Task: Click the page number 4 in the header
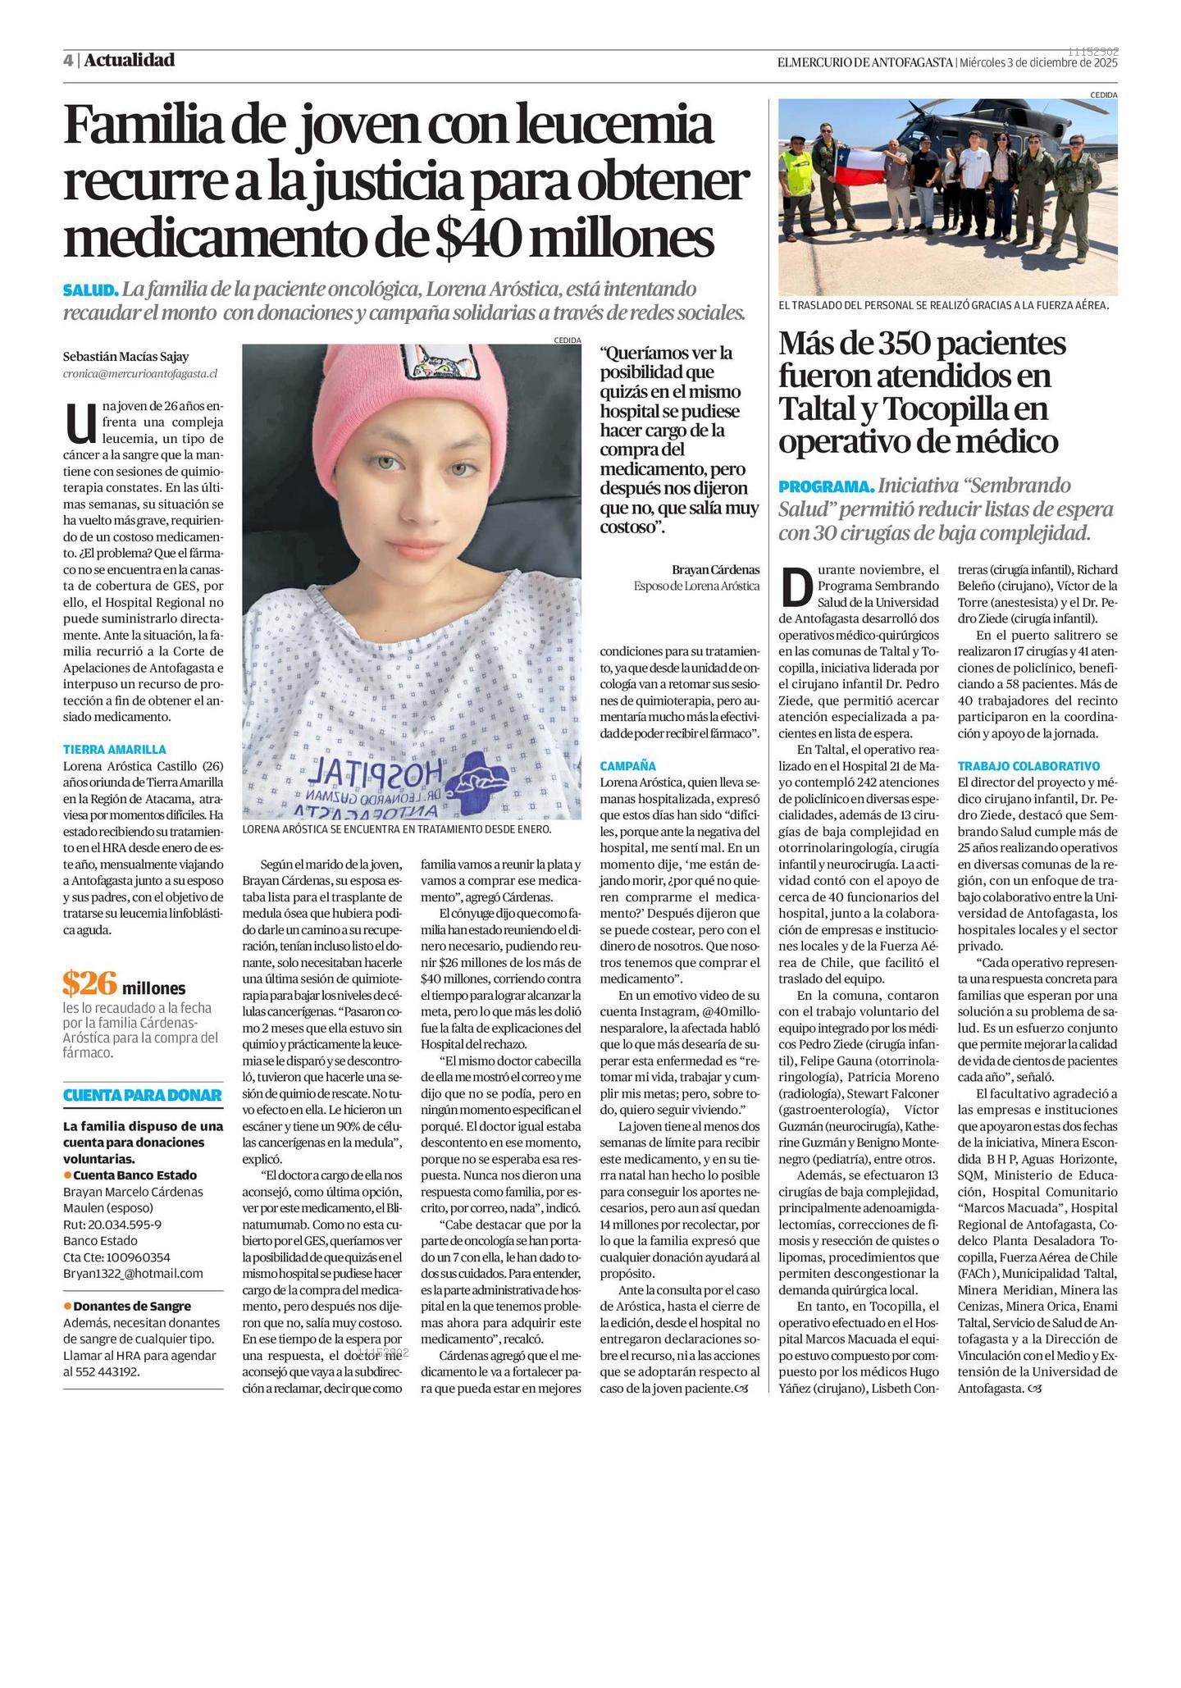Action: point(68,61)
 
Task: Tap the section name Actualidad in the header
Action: point(129,60)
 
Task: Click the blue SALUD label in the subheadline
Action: point(90,290)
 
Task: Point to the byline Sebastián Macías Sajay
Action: point(125,357)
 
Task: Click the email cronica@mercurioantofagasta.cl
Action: point(139,374)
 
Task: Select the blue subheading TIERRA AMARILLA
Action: point(114,749)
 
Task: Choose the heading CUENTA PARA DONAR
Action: point(143,1095)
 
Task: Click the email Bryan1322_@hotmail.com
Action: point(133,1273)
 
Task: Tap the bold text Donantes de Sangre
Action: point(132,1306)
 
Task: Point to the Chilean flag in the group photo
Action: point(860,164)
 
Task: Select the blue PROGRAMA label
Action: point(826,486)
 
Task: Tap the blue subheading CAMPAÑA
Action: point(627,766)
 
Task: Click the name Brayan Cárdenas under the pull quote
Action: point(715,569)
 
